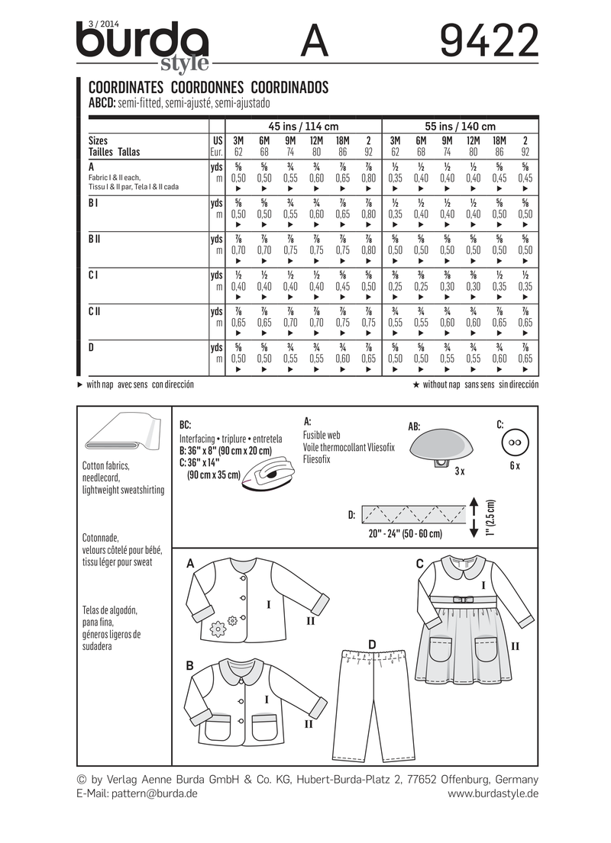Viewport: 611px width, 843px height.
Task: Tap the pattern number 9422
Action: (489, 40)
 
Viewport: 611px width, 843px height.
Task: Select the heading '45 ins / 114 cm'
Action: (302, 126)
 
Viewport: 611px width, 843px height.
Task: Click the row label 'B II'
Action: (95, 240)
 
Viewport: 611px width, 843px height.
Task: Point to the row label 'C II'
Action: (95, 312)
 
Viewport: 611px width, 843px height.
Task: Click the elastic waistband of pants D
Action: (372, 655)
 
